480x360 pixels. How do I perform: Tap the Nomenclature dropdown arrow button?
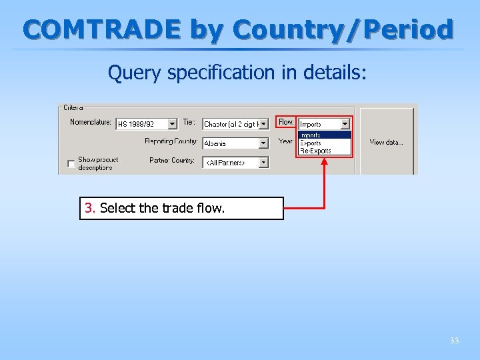pos(172,123)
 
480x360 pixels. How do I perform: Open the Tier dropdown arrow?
pos(263,123)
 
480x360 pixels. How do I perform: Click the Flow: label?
pos(286,123)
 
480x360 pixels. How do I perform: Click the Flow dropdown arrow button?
pos(345,123)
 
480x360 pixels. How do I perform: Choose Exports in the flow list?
pos(311,143)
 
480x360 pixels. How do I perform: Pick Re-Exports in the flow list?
pos(315,151)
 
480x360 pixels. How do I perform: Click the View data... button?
pos(387,142)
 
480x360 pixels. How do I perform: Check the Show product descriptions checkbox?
pos(71,164)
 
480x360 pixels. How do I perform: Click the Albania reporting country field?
pos(229,143)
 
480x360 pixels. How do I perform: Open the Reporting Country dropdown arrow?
pos(263,143)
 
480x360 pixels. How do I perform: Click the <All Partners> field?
pos(229,163)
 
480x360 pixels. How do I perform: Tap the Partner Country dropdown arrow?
pos(263,162)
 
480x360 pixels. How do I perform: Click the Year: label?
pos(286,141)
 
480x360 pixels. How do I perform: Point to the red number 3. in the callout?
pos(91,208)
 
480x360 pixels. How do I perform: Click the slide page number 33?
pos(454,341)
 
